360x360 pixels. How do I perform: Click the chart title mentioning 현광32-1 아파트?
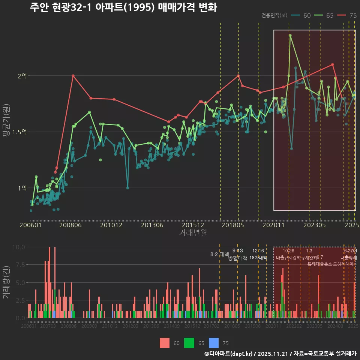click(123, 7)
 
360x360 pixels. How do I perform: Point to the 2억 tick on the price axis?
click(22, 76)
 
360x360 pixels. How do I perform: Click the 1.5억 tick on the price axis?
click(19, 132)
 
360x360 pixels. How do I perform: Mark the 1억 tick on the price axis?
click(22, 188)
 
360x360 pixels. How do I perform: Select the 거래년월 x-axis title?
click(193, 232)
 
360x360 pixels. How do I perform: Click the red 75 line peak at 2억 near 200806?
click(73, 76)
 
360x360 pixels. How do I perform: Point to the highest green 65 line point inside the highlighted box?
click(290, 36)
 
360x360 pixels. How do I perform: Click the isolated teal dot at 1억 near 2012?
click(128, 188)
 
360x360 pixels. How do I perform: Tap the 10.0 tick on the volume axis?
click(19, 247)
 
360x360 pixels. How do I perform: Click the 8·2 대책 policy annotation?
click(219, 254)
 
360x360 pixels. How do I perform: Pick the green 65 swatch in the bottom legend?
click(189, 343)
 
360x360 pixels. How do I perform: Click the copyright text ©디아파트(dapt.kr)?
click(228, 354)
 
